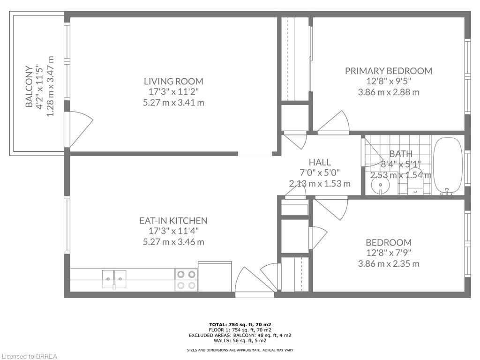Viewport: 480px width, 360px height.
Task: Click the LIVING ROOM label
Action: point(173,81)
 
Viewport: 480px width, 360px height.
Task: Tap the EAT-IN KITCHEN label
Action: point(173,220)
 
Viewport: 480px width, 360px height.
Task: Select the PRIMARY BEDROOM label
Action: point(389,71)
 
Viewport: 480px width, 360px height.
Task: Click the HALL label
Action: point(319,162)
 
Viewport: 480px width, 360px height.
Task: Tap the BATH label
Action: point(401,154)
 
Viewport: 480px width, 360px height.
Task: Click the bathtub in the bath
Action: point(448,165)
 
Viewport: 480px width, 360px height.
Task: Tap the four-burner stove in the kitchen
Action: point(186,280)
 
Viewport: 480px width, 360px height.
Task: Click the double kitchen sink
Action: point(114,278)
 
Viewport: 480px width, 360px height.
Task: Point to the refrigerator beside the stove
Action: point(215,277)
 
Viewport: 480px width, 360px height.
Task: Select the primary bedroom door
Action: point(334,123)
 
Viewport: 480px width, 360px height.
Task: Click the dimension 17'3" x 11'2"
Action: point(173,92)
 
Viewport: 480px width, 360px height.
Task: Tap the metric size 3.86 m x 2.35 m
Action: point(389,263)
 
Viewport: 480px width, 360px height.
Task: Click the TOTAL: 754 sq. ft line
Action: point(240,324)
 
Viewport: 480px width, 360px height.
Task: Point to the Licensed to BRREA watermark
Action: point(29,356)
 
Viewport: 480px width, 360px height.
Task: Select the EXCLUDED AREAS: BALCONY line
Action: point(240,335)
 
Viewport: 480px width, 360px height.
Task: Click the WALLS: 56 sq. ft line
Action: point(240,341)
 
